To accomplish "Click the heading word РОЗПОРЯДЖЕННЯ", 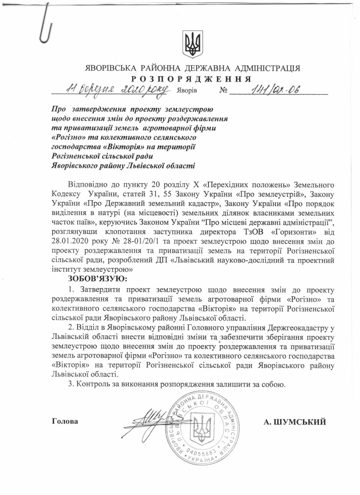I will tap(191, 79).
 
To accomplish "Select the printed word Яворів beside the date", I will tap(187, 90).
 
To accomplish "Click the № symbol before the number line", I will tap(223, 90).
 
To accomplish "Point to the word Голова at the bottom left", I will tap(65, 421).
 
